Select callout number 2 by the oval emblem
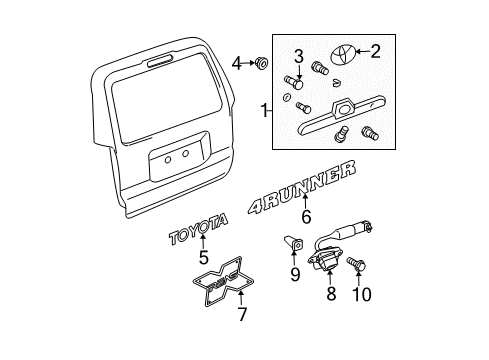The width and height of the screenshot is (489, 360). (x=375, y=50)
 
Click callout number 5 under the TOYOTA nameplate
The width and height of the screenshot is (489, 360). (x=204, y=257)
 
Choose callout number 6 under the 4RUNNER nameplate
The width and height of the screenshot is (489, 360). (x=307, y=214)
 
